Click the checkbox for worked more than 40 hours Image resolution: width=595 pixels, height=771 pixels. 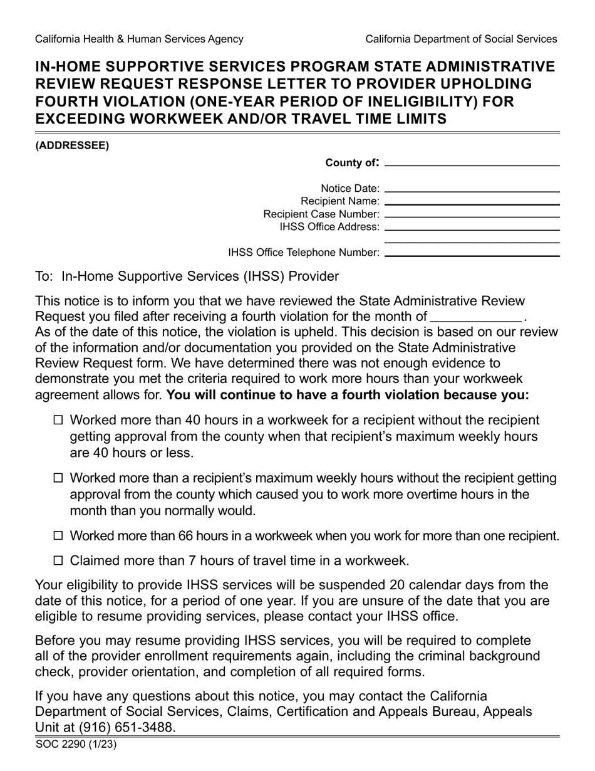click(59, 421)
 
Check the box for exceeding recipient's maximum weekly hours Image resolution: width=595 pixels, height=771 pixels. click(59, 478)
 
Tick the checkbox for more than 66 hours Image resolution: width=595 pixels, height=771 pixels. click(59, 536)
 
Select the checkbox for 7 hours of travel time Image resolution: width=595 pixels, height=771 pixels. click(59, 560)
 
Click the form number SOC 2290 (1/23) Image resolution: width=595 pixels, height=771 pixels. click(76, 745)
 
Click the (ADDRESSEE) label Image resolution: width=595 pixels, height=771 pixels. click(72, 145)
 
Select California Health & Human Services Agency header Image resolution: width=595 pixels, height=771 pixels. click(139, 39)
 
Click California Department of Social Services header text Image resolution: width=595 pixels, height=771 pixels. click(461, 39)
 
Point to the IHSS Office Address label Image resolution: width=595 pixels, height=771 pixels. click(329, 226)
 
